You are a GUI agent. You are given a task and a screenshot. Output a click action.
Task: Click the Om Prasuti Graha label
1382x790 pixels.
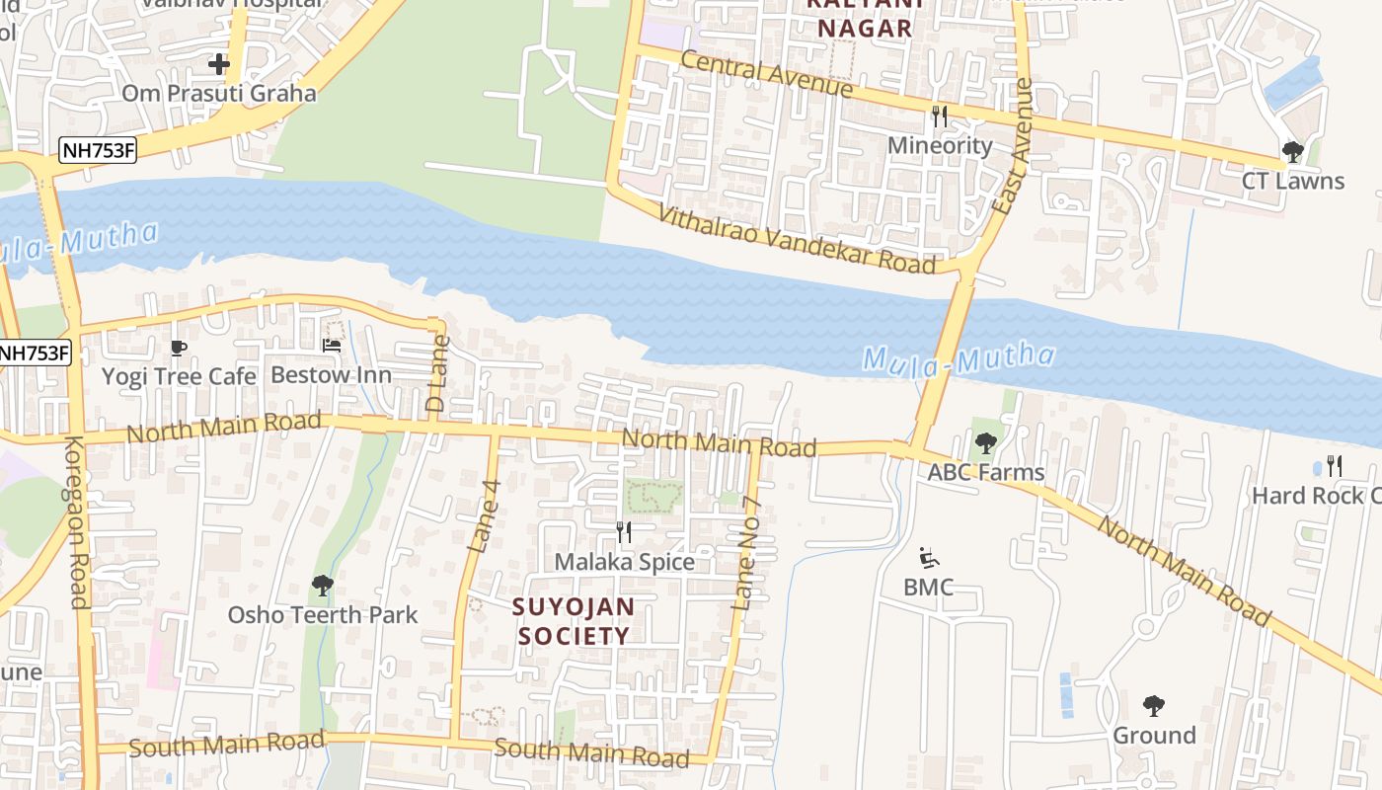click(x=218, y=94)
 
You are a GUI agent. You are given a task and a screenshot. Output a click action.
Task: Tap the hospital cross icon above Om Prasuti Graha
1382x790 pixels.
click(x=219, y=64)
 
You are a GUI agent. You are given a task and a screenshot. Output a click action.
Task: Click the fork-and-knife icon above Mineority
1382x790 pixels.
click(x=939, y=117)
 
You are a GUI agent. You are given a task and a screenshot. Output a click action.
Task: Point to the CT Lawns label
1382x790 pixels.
click(x=1292, y=181)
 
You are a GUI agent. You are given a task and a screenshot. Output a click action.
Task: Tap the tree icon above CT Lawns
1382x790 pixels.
click(x=1292, y=151)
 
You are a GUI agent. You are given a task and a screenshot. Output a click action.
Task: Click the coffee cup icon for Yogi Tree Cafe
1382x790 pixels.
click(x=179, y=347)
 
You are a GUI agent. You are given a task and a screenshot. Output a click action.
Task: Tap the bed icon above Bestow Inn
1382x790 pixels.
click(x=332, y=345)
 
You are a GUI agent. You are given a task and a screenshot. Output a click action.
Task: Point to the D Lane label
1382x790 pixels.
click(x=436, y=373)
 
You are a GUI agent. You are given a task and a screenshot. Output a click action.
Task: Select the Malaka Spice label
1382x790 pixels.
click(x=624, y=562)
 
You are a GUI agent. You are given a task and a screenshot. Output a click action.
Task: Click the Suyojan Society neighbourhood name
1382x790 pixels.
click(x=574, y=621)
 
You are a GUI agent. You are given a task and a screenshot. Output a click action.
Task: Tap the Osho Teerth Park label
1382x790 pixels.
click(x=323, y=614)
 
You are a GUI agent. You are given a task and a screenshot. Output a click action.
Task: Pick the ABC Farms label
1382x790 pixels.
click(x=985, y=472)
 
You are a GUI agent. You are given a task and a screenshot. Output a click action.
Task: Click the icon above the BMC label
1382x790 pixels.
click(x=928, y=558)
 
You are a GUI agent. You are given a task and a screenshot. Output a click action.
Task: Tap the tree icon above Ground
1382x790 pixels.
click(x=1154, y=706)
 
